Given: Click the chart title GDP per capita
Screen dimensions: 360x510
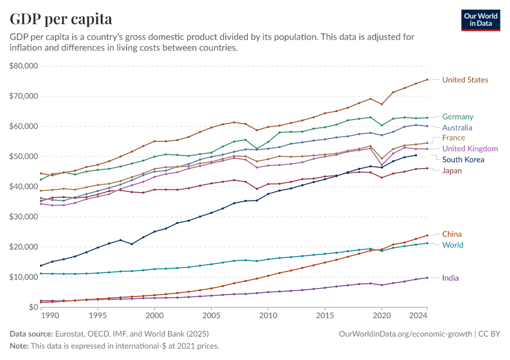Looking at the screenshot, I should click(x=61, y=19).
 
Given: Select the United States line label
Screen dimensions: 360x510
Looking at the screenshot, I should click(x=465, y=80).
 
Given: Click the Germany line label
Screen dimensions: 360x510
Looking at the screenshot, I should click(x=458, y=117).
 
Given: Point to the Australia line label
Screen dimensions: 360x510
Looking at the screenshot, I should click(x=458, y=128).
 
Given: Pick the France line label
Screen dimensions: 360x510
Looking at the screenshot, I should click(x=454, y=138).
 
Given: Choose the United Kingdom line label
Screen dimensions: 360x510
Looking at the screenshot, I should click(x=470, y=149).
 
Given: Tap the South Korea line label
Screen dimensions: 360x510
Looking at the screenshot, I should click(x=463, y=160).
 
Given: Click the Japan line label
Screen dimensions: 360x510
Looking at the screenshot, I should click(x=452, y=170).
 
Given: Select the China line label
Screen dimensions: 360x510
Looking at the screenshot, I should click(x=452, y=234).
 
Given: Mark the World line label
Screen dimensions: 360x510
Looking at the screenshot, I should click(x=452, y=245).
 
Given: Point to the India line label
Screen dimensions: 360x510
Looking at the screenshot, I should click(x=451, y=278).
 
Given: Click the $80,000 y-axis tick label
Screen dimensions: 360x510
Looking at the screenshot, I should click(x=24, y=65).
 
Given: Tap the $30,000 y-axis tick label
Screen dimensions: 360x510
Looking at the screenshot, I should click(x=24, y=217).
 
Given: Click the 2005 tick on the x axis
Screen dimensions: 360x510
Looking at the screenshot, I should click(x=211, y=316).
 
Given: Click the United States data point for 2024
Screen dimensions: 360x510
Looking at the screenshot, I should click(x=427, y=80).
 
